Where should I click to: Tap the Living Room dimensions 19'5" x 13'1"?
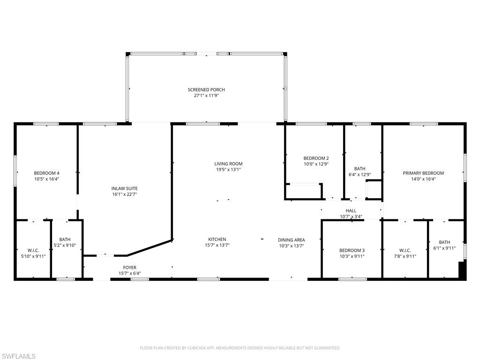(x=228, y=170)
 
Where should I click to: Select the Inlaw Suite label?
(x=124, y=188)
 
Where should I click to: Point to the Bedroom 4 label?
(x=46, y=172)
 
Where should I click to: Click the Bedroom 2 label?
(x=316, y=158)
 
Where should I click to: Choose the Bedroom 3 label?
(x=352, y=250)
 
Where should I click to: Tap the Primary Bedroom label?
(x=423, y=173)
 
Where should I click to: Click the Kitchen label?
(x=217, y=239)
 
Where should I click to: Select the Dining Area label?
(x=291, y=239)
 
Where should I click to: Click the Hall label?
(x=351, y=211)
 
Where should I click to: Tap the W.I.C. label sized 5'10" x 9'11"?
(x=33, y=250)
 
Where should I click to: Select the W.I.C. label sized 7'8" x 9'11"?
(x=405, y=250)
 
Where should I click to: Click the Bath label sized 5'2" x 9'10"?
(x=65, y=239)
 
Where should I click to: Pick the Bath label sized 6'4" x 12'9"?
(x=360, y=168)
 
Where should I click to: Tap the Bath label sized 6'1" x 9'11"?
(x=444, y=242)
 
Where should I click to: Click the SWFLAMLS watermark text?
(x=18, y=356)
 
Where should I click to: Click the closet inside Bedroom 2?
(x=303, y=191)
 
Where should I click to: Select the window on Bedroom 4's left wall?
(x=15, y=170)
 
